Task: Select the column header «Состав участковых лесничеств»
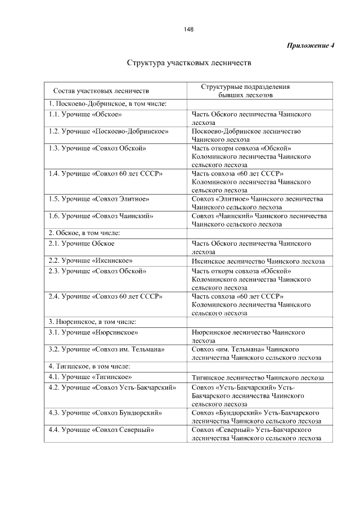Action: point(101,91)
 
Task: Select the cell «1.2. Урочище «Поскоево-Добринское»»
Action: point(109,131)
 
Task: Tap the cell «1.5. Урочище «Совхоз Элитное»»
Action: point(99,199)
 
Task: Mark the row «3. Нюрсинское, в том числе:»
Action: point(93,322)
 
